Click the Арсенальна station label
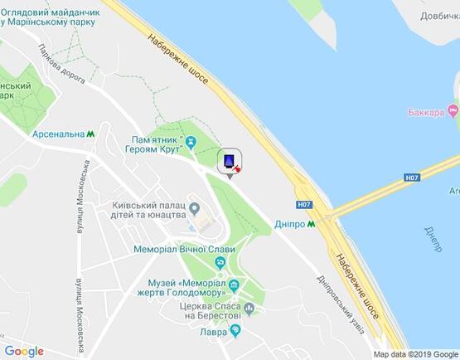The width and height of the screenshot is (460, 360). click(58, 134)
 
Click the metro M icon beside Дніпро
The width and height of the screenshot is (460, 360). click(312, 223)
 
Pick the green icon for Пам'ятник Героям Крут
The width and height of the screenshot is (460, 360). click(191, 144)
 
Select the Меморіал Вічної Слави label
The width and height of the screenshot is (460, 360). click(184, 249)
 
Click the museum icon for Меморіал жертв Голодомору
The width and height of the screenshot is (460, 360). click(235, 287)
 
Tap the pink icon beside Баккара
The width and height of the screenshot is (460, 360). click(453, 111)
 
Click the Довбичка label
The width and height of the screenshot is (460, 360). click(438, 16)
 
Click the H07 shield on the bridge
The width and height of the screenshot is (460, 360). click(412, 178)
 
